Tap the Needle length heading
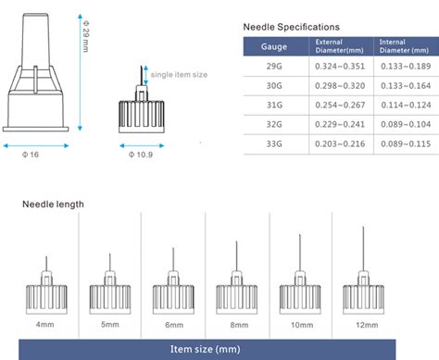tap(53, 205)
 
